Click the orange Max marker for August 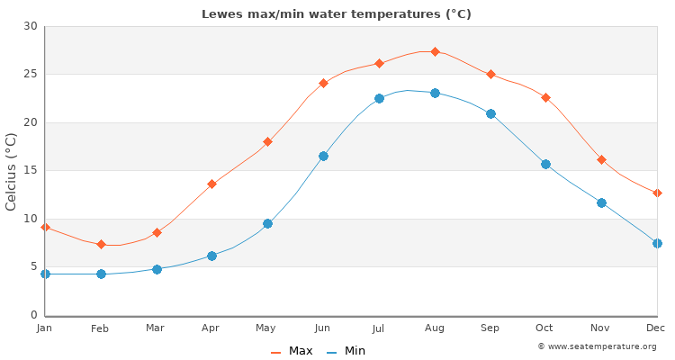coord(435,51)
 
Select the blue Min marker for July coord(379,98)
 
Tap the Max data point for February coord(101,244)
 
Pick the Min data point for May coord(267,223)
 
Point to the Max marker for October coord(545,97)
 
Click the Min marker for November coord(601,202)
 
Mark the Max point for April coord(211,184)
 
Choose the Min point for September coord(490,113)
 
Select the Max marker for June coord(323,83)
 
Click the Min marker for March coord(157,269)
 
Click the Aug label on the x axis coord(435,328)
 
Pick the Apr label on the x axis coord(211,328)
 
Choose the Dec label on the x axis coord(656,328)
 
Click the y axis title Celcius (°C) coord(12,171)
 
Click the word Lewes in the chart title coord(220,14)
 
